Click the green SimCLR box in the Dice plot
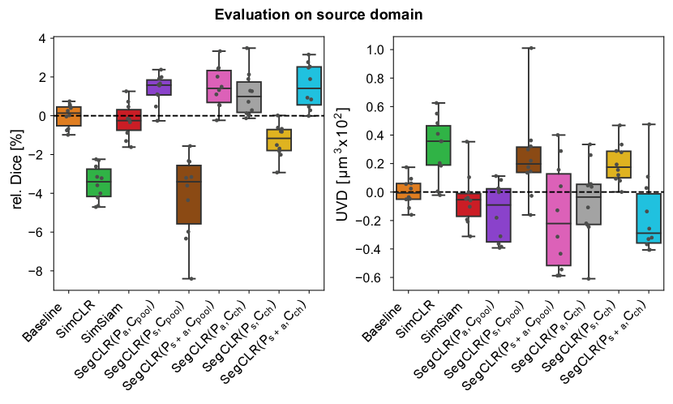[x=98, y=183]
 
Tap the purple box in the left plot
[x=158, y=87]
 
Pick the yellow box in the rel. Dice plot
[x=279, y=140]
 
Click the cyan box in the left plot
[x=309, y=85]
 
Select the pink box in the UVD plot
[x=559, y=219]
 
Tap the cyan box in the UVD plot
[x=649, y=218]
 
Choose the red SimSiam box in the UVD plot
[x=469, y=204]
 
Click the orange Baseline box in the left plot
[x=68, y=116]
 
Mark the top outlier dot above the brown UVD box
[x=529, y=48]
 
